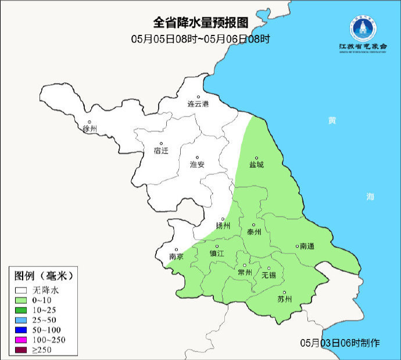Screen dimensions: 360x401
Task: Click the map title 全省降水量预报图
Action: [201, 23]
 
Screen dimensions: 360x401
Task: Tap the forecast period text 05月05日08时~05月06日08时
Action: [201, 39]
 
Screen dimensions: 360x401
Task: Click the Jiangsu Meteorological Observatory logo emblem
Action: [363, 27]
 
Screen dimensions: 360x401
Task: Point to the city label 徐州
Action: [90, 128]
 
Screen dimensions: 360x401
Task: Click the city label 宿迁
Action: [161, 151]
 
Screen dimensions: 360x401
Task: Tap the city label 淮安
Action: [198, 165]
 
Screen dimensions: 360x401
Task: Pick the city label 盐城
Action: [256, 165]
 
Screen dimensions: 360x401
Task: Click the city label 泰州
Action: [255, 231]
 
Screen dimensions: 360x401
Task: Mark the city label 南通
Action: [306, 247]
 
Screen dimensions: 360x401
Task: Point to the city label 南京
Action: [176, 256]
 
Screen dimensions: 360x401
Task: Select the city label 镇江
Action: [217, 254]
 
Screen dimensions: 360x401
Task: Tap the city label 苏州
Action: [285, 300]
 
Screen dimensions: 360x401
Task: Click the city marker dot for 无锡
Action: [268, 268]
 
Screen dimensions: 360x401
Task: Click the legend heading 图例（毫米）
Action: [44, 275]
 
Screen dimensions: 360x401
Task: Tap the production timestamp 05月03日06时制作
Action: [341, 343]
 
